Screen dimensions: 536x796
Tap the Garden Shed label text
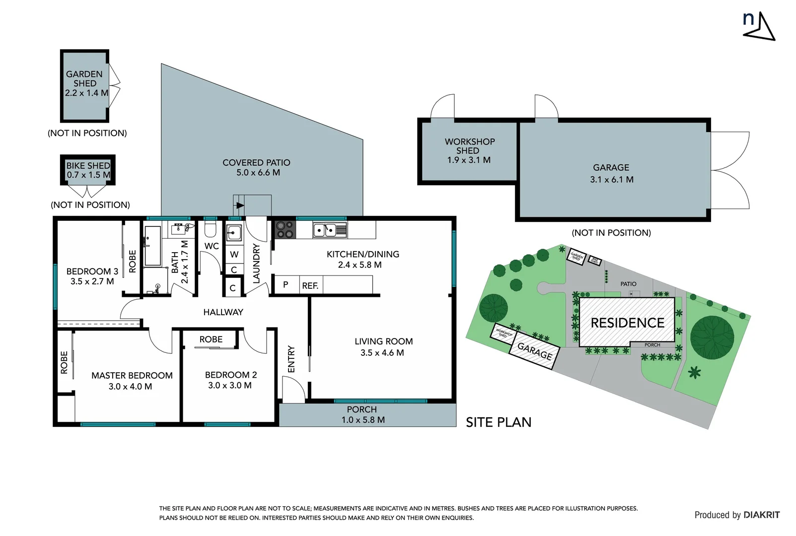point(84,78)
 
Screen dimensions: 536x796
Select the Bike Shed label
point(88,166)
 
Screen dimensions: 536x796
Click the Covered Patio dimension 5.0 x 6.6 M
point(258,173)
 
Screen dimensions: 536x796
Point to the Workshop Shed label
point(469,146)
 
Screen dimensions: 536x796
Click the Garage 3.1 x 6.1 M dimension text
point(611,180)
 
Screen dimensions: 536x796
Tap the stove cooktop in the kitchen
point(285,230)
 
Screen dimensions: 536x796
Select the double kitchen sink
point(330,230)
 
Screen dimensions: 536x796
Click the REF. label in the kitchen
point(310,286)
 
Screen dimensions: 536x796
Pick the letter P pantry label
point(286,285)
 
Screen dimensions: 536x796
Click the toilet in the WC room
point(211,229)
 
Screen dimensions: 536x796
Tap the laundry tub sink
point(234,233)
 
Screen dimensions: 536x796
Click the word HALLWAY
point(223,312)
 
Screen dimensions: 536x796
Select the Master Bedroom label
point(132,376)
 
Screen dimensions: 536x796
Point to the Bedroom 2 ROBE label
point(211,339)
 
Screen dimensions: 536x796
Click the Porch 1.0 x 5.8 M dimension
point(362,420)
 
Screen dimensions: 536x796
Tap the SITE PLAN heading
point(499,422)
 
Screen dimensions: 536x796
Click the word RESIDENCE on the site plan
point(627,323)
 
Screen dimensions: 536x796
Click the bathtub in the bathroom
point(152,246)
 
